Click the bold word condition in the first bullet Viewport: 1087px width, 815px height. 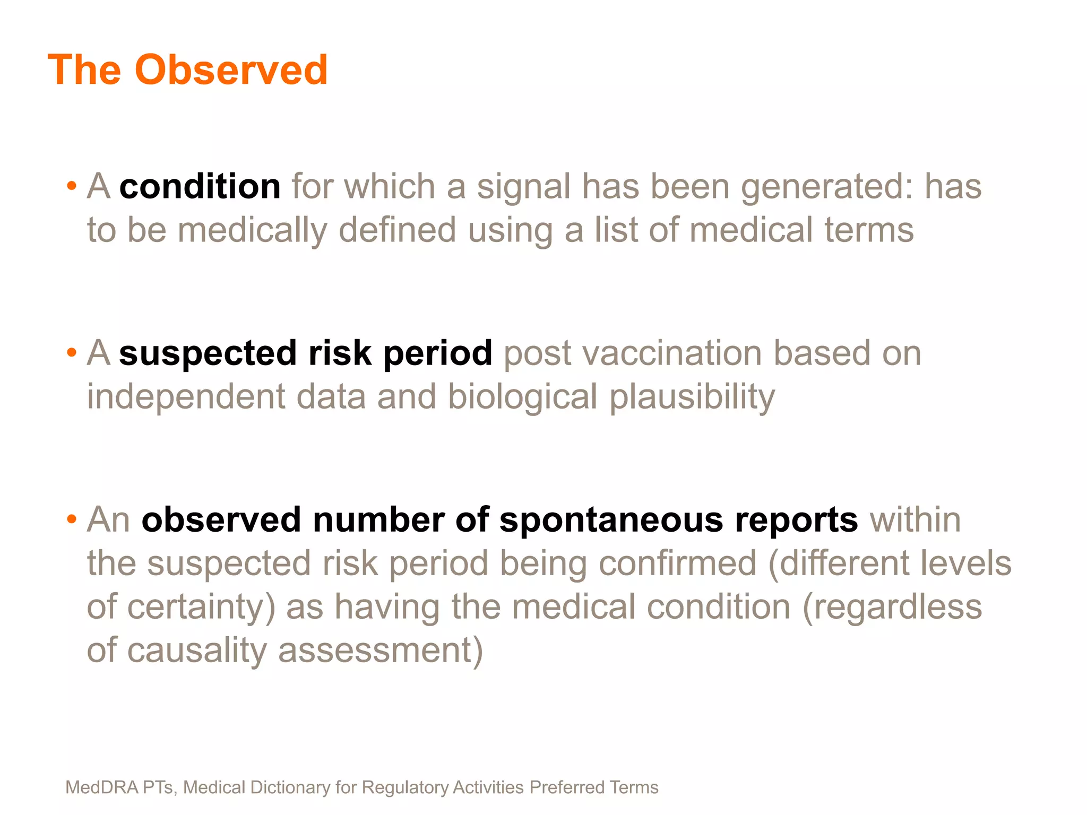(x=200, y=187)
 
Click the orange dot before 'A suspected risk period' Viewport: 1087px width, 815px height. (x=72, y=353)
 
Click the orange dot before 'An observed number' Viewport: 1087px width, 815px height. (x=72, y=519)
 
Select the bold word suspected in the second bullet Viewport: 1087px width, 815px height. (x=208, y=353)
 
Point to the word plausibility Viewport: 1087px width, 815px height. (x=692, y=397)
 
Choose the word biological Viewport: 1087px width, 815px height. (x=523, y=397)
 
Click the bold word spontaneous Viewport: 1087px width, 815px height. (x=611, y=519)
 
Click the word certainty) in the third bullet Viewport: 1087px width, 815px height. (x=202, y=606)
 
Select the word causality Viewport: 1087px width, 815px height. (x=196, y=650)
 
